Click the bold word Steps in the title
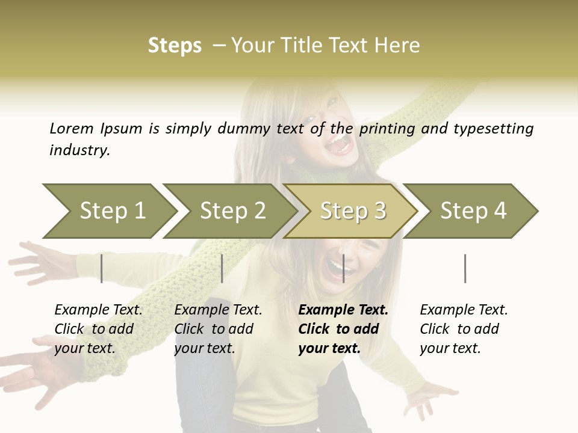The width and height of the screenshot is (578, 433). tap(175, 45)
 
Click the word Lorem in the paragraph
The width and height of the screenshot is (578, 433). tap(71, 128)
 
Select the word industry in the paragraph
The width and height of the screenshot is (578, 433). tap(79, 150)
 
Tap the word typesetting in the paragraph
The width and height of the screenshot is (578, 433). tap(493, 128)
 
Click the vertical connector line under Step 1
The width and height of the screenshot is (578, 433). tap(102, 268)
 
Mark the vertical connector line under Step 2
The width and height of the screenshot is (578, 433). tap(222, 268)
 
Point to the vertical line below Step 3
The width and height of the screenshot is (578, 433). tap(344, 268)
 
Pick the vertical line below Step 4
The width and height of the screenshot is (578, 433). tap(465, 268)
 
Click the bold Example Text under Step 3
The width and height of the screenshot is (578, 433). tap(343, 328)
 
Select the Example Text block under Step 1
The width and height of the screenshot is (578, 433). tap(98, 328)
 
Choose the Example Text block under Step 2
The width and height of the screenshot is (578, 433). tap(218, 328)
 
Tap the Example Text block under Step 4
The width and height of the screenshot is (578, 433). tap(464, 328)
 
